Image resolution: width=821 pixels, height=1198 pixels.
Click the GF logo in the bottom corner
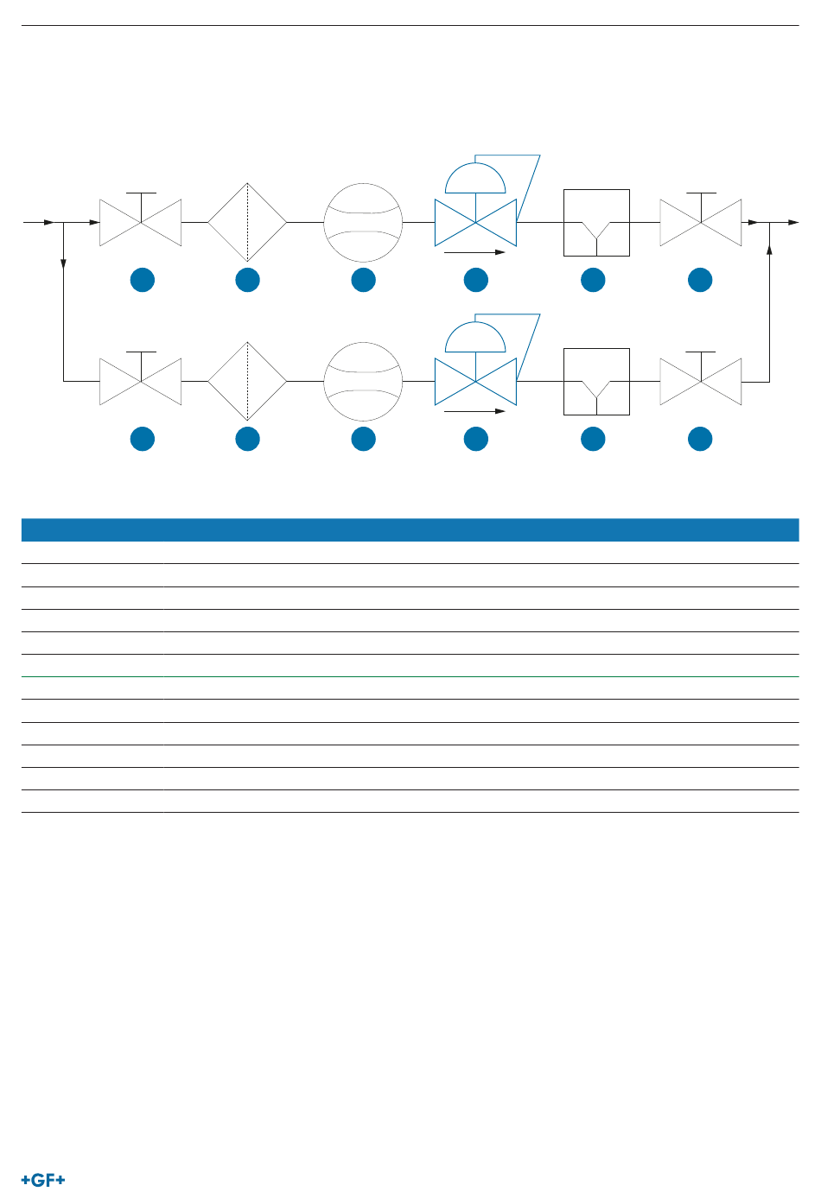pos(43,1180)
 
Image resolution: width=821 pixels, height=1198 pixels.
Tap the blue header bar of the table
pos(410,529)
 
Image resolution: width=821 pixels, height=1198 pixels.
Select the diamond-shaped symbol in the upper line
pos(247,222)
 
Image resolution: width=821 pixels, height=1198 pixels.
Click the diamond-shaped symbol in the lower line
pos(247,381)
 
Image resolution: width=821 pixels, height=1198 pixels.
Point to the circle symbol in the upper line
pos(363,222)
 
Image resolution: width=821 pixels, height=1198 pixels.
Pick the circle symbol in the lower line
pos(363,381)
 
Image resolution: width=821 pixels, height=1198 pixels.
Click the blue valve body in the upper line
pos(475,222)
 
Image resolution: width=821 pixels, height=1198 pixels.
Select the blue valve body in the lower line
pos(475,381)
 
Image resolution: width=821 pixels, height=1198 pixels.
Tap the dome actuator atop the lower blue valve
pos(475,339)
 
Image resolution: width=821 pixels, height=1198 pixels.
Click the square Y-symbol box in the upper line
pos(596,222)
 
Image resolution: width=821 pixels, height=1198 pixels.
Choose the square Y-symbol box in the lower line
pos(596,381)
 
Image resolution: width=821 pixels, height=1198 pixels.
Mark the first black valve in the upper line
pos(141,222)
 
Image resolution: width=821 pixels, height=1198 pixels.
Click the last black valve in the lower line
pos(700,381)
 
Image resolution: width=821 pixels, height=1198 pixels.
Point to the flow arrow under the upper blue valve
pos(474,252)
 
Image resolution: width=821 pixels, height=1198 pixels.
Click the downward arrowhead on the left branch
pos(64,263)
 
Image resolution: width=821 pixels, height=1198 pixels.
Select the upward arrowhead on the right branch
pos(769,250)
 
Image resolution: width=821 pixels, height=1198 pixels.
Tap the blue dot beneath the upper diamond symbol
pos(248,280)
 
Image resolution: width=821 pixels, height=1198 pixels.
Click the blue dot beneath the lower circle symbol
pos(364,439)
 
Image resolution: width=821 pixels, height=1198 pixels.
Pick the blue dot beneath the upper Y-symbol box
pos(593,280)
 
